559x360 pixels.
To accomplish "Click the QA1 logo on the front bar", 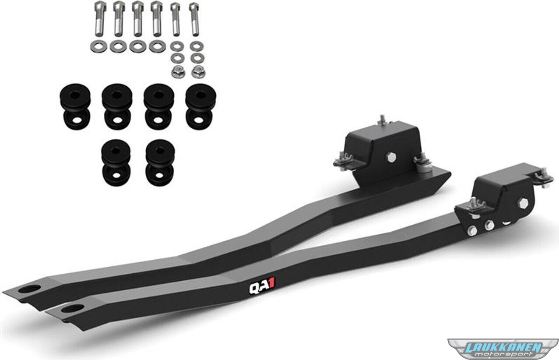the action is click(262, 289).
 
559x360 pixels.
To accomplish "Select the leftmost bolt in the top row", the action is click(100, 18).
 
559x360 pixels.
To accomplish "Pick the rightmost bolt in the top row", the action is click(194, 19).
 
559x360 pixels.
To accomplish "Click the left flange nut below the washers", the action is click(178, 72).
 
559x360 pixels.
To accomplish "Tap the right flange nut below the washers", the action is click(198, 72).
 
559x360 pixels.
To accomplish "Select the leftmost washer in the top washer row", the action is click(98, 46).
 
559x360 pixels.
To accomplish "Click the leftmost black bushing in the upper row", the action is click(75, 106).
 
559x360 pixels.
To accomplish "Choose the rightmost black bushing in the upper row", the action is click(201, 106).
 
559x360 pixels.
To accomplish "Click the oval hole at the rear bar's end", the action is click(29, 289).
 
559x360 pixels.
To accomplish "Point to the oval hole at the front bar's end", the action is click(73, 309).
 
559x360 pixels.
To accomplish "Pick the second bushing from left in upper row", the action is click(117, 106).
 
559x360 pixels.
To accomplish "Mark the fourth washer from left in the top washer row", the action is click(157, 46).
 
